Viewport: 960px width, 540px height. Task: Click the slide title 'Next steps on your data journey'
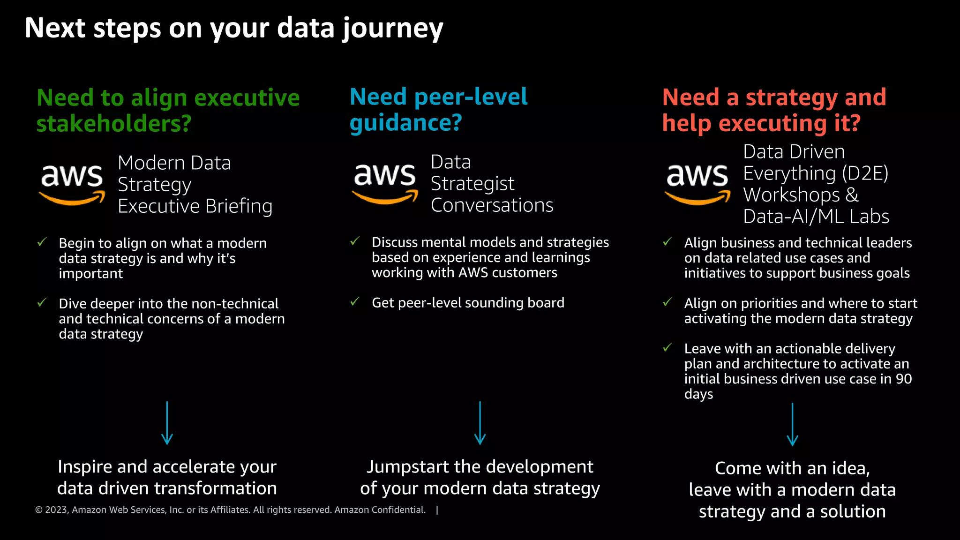pyautogui.click(x=233, y=28)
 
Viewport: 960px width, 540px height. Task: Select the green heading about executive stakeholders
pyautogui.click(x=168, y=110)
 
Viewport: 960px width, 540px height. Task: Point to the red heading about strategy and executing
pyautogui.click(x=774, y=110)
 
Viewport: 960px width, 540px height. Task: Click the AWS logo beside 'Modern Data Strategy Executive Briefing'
pyautogui.click(x=72, y=184)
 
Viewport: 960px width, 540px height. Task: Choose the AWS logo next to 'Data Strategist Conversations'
pyautogui.click(x=385, y=183)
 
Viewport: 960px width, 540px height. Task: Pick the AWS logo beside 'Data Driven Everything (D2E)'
pyautogui.click(x=697, y=184)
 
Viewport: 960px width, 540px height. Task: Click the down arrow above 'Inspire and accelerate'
pyautogui.click(x=167, y=423)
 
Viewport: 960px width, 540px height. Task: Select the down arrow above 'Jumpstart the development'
pyautogui.click(x=480, y=423)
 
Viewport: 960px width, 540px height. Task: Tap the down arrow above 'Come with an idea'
pyautogui.click(x=792, y=425)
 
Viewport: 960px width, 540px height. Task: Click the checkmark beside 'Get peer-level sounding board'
pyautogui.click(x=355, y=301)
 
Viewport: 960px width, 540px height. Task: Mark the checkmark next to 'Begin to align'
pyautogui.click(x=42, y=242)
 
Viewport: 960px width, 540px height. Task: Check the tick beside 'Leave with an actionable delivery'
pyautogui.click(x=667, y=347)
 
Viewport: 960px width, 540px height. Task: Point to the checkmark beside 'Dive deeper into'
pyautogui.click(x=42, y=302)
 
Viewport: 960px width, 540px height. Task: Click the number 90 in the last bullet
pyautogui.click(x=903, y=379)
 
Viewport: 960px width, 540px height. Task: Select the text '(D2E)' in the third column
pyautogui.click(x=865, y=173)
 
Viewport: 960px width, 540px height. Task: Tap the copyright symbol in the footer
pyautogui.click(x=39, y=510)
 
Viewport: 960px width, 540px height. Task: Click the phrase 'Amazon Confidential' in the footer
pyautogui.click(x=380, y=510)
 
